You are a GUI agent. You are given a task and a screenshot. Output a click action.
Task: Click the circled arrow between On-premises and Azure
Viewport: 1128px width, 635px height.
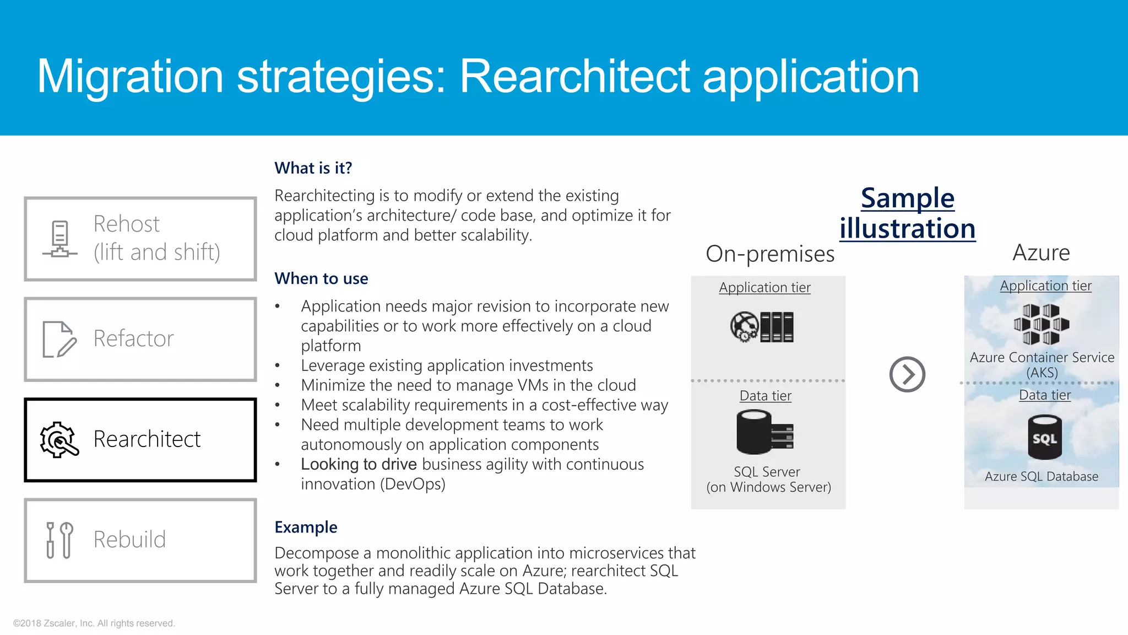click(x=907, y=374)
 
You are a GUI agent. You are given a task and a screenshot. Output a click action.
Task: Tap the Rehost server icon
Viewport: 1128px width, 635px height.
click(x=60, y=239)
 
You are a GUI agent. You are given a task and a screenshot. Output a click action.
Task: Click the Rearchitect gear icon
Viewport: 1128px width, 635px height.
click(x=58, y=440)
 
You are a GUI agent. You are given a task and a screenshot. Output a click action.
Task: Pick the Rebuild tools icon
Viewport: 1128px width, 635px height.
click(x=59, y=540)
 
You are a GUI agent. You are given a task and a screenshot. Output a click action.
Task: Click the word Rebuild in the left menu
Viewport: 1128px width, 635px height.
click(x=129, y=539)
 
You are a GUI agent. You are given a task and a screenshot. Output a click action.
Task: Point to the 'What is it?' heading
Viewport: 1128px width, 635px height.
click(x=313, y=168)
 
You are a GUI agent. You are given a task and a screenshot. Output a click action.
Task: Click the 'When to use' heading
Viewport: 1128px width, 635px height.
click(x=321, y=278)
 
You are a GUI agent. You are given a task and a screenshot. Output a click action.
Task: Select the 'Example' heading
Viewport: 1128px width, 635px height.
click(x=306, y=527)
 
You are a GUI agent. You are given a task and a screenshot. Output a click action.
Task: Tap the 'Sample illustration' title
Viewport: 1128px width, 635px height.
click(x=907, y=213)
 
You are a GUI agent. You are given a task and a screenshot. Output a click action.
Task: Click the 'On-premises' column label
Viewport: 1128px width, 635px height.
click(x=770, y=254)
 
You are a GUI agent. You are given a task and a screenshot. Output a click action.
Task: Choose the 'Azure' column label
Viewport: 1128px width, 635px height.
click(x=1041, y=252)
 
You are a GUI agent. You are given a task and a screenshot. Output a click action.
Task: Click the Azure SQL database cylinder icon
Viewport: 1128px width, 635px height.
click(x=1044, y=438)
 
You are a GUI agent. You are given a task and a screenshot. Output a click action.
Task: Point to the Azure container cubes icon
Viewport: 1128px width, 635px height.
click(x=1041, y=324)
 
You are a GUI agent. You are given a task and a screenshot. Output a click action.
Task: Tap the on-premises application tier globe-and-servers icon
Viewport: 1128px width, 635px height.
click(x=762, y=327)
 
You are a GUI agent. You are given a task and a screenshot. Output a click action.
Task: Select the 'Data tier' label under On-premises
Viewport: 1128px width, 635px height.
click(x=765, y=396)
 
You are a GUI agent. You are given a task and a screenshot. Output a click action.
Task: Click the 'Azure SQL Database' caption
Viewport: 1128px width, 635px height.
click(x=1041, y=476)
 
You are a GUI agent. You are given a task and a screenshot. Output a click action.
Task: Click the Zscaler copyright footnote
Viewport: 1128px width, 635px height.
click(x=94, y=623)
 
